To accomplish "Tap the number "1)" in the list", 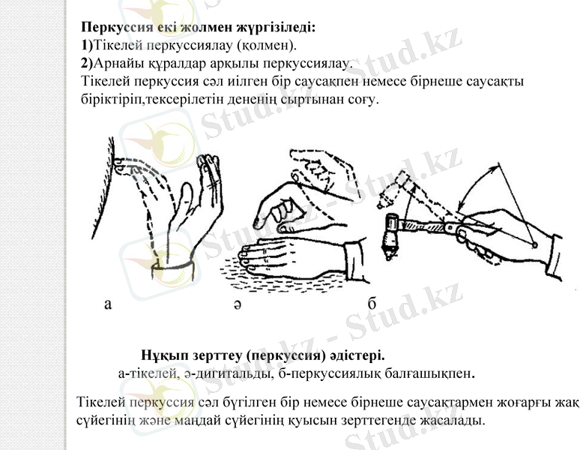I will click(88, 46).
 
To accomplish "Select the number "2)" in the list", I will click(88, 63).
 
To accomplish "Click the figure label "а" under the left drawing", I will click(108, 304).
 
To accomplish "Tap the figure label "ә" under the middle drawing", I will click(236, 305).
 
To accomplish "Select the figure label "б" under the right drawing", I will click(372, 304).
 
